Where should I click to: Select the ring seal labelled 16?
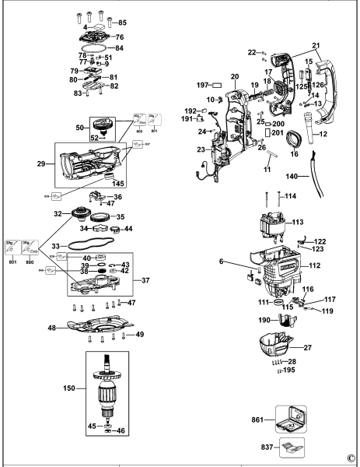[x=292, y=144]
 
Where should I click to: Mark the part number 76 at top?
[x=119, y=37]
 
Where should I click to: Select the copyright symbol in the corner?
[x=351, y=458]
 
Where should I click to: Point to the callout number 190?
[x=243, y=320]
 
